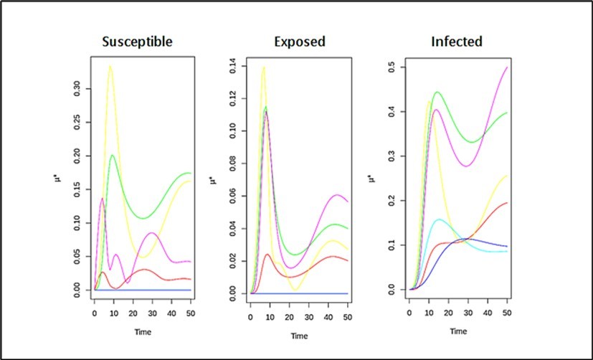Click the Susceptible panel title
[138, 41]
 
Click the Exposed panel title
[299, 41]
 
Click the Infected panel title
[456, 41]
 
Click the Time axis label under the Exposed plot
[299, 336]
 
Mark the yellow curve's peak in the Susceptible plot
[110, 66]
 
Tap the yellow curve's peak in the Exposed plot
[264, 67]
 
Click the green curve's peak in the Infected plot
[437, 92]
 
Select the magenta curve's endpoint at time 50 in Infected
[507, 67]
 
